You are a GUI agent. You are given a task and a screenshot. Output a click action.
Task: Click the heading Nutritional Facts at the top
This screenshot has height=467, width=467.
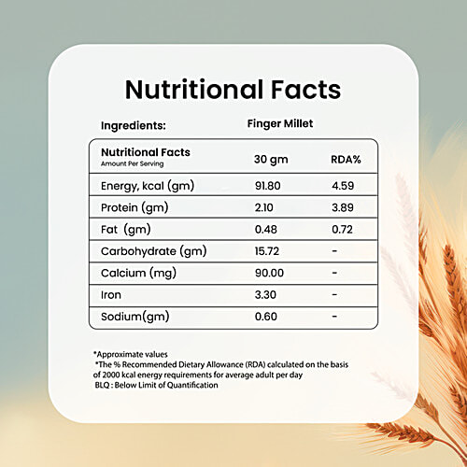(x=233, y=90)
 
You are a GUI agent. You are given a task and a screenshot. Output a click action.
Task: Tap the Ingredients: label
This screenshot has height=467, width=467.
(x=134, y=123)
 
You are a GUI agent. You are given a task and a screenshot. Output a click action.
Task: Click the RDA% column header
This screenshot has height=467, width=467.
(x=347, y=159)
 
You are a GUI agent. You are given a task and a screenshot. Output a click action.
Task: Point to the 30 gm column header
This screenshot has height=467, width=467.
(x=272, y=159)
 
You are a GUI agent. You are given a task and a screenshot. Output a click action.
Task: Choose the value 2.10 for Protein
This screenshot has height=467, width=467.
(x=266, y=207)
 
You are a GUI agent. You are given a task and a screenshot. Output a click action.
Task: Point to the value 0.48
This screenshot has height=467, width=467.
(x=267, y=230)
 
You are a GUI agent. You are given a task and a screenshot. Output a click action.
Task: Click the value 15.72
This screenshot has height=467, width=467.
(x=269, y=251)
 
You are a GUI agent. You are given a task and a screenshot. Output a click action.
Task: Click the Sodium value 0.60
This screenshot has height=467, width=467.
(x=267, y=317)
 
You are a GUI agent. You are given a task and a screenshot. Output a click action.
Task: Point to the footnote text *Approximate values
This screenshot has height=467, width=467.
(x=131, y=354)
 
